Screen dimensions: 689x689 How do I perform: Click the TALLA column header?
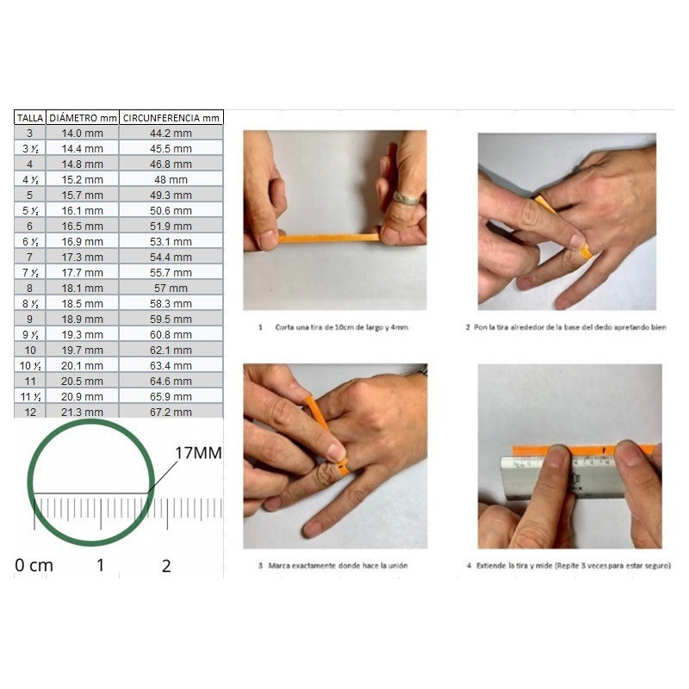30,117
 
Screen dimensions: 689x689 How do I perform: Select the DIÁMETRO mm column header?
83,117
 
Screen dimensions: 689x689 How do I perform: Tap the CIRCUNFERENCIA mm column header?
171,117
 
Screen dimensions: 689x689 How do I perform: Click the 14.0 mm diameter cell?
83,133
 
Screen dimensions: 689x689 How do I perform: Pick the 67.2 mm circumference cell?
171,412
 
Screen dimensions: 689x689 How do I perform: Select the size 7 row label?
30,257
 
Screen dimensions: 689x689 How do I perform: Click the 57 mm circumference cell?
171,288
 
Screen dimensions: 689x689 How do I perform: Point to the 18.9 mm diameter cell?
83,319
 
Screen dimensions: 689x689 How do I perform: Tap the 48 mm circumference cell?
171,179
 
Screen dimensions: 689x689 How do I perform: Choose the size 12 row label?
30,412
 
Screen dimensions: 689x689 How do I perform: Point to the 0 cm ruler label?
34,566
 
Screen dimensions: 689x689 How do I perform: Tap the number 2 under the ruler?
166,566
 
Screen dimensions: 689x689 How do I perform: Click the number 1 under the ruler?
100,566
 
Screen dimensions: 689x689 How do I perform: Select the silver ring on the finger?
407,198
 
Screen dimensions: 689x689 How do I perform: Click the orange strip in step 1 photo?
327,238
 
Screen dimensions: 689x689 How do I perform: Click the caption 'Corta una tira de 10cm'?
336,327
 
